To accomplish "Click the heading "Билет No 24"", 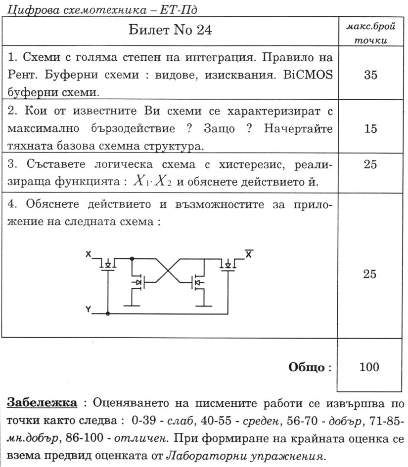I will pos(170,30).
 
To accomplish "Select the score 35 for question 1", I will pos(370,75).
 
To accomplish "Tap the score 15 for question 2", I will pos(370,129).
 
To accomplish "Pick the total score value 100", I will pos(370,367).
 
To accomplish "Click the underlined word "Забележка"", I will pos(42,402).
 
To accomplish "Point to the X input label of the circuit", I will pos(88,254).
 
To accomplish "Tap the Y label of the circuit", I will pos(88,310).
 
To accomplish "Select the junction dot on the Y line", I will pos(108,313).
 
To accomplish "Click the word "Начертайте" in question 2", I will pos(298,129).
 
